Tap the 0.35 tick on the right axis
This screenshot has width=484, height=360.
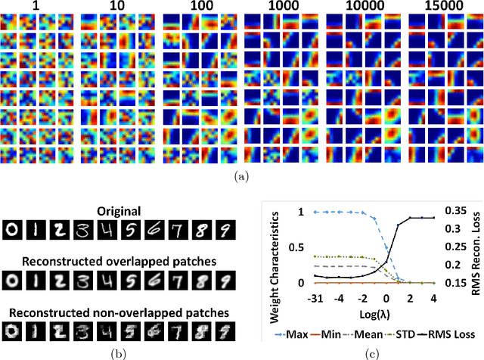click(448, 213)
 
